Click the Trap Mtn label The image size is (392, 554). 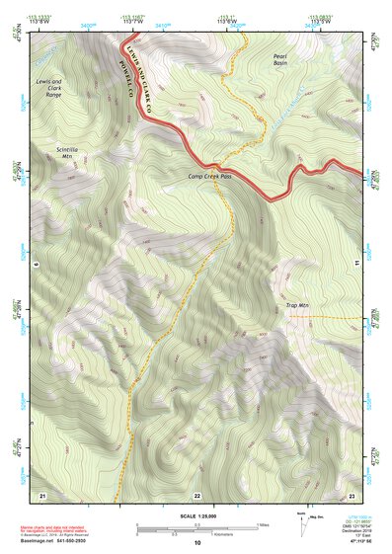click(298, 306)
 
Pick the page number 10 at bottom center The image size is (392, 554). click(196, 542)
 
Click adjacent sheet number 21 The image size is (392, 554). click(42, 495)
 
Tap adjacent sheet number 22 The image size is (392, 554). click(196, 495)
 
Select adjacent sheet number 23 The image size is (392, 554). click(351, 495)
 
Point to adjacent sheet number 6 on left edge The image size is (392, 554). click(33, 264)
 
